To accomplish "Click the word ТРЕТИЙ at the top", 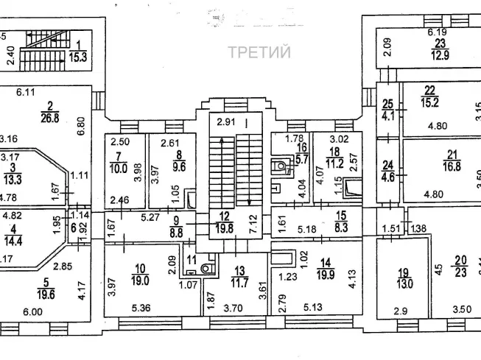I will coord(259,52).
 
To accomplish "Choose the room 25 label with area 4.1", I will coord(387,110).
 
